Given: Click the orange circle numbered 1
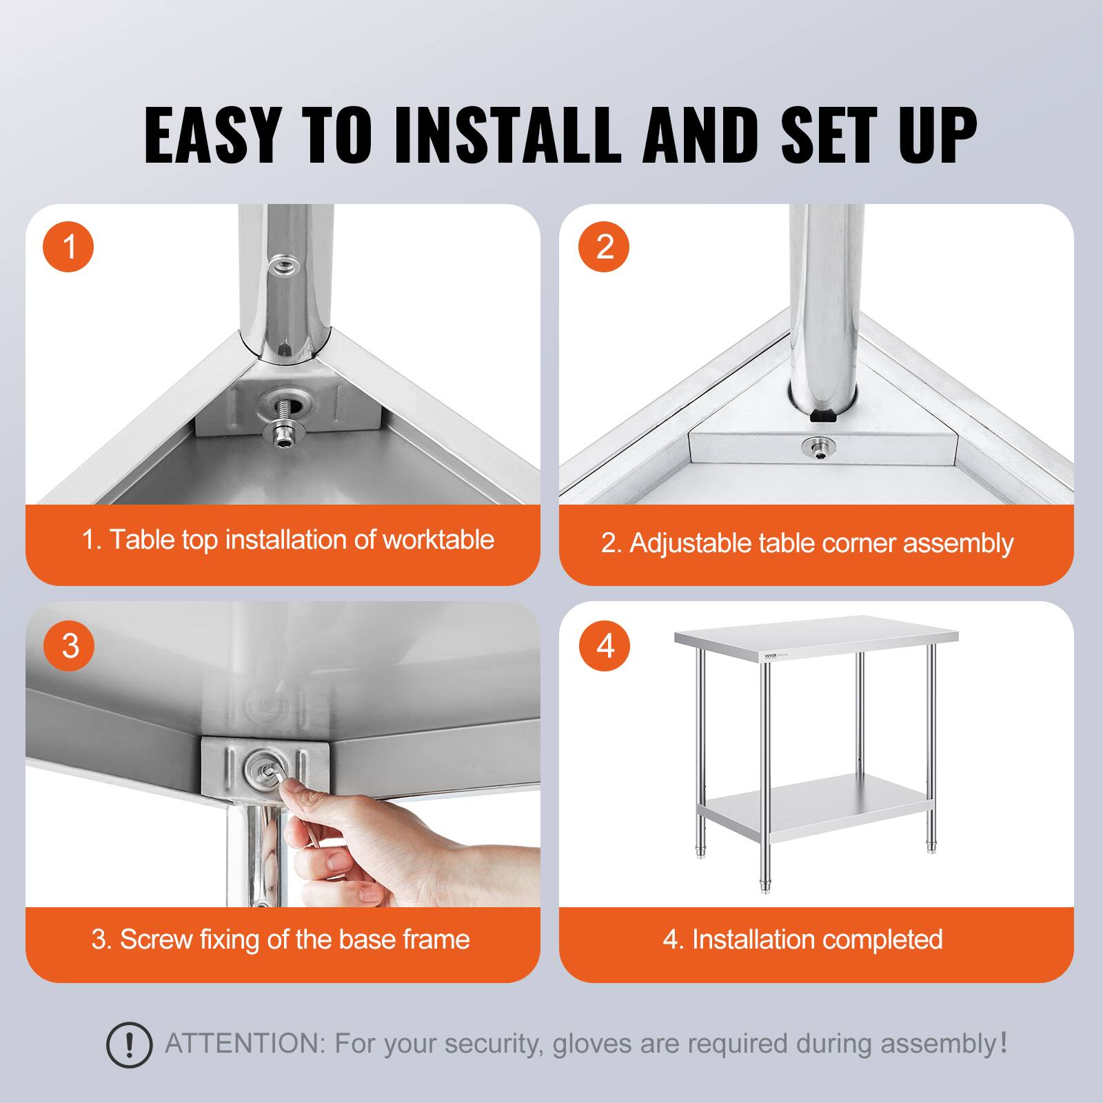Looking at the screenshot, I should (69, 246).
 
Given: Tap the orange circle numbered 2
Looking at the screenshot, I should (604, 246).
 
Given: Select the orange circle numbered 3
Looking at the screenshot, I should (69, 646).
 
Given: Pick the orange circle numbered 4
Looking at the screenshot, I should (604, 646).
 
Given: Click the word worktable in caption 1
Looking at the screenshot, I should (438, 540).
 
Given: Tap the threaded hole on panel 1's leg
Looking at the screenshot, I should (281, 264).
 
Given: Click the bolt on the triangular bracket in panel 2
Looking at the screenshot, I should (818, 447).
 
